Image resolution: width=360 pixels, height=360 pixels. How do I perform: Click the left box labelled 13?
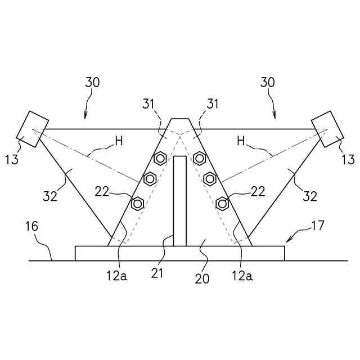pyautogui.click(x=32, y=129)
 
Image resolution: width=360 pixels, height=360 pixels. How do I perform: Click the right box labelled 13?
pyautogui.click(x=327, y=129)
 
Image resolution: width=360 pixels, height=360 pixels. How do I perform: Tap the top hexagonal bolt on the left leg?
pyautogui.click(x=160, y=158)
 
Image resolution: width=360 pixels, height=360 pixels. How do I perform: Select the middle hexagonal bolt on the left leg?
pyautogui.click(x=150, y=179)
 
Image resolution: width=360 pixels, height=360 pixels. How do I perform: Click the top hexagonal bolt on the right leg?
pyautogui.click(x=199, y=158)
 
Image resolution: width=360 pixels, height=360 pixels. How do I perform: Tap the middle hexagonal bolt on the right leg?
pyautogui.click(x=210, y=179)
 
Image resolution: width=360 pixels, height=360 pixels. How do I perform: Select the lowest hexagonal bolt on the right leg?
pyautogui.click(x=223, y=203)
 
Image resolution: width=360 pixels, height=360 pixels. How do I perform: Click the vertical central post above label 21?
pyautogui.click(x=179, y=200)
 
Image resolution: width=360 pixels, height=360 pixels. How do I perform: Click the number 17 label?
pyautogui.click(x=318, y=227)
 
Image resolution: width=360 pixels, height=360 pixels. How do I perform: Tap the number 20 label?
pyautogui.click(x=202, y=278)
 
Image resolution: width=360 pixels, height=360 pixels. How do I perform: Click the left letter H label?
pyautogui.click(x=119, y=141)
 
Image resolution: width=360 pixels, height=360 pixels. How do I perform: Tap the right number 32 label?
pyautogui.click(x=310, y=196)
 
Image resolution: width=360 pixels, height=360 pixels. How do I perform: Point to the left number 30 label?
pyautogui.click(x=92, y=82)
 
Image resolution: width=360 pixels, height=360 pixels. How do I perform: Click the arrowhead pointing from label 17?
pyautogui.click(x=288, y=240)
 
